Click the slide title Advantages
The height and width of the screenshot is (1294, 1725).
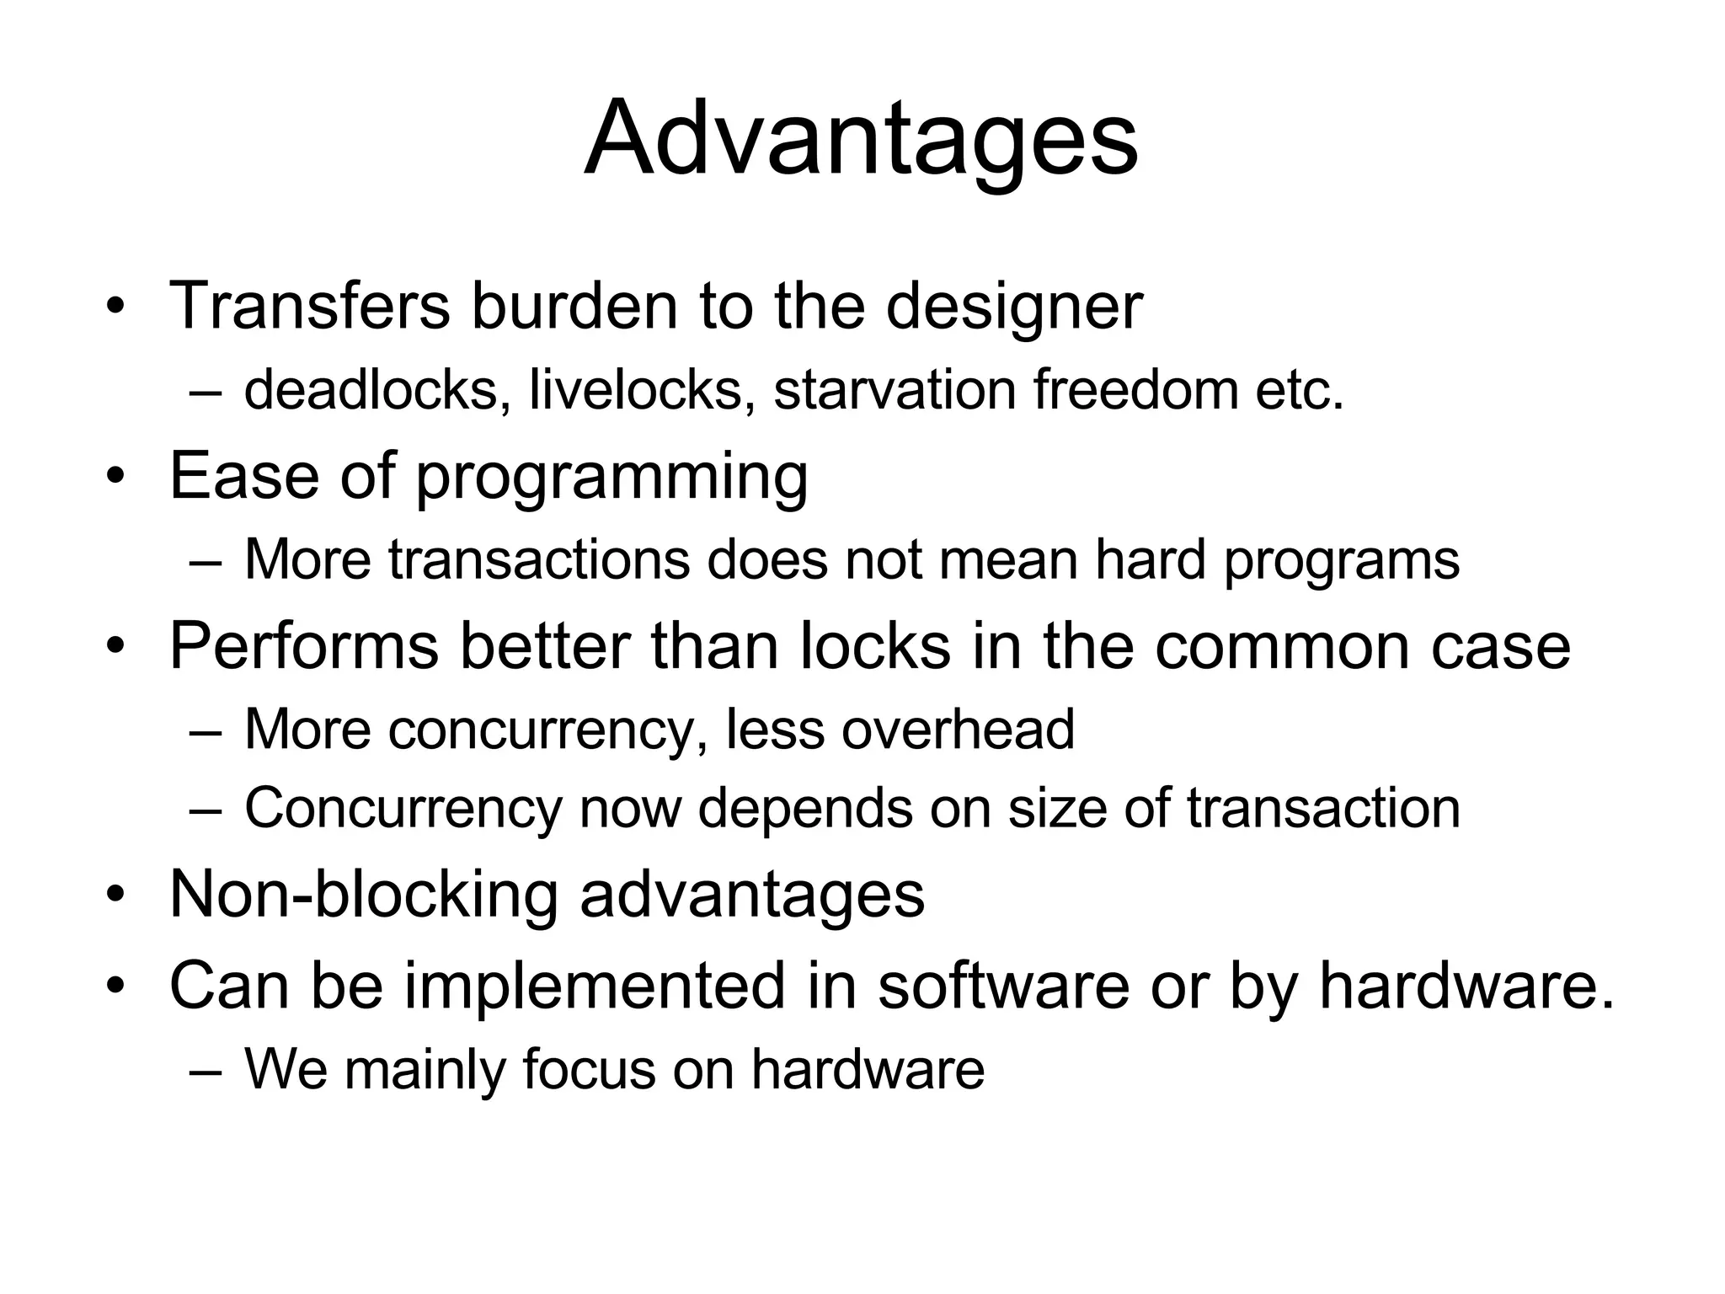(x=861, y=139)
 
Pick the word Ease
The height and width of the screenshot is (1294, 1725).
(x=244, y=475)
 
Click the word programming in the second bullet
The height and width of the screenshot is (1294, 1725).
(x=611, y=479)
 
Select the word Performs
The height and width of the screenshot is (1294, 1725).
(x=304, y=645)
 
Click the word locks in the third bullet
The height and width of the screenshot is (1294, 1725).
(x=875, y=645)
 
